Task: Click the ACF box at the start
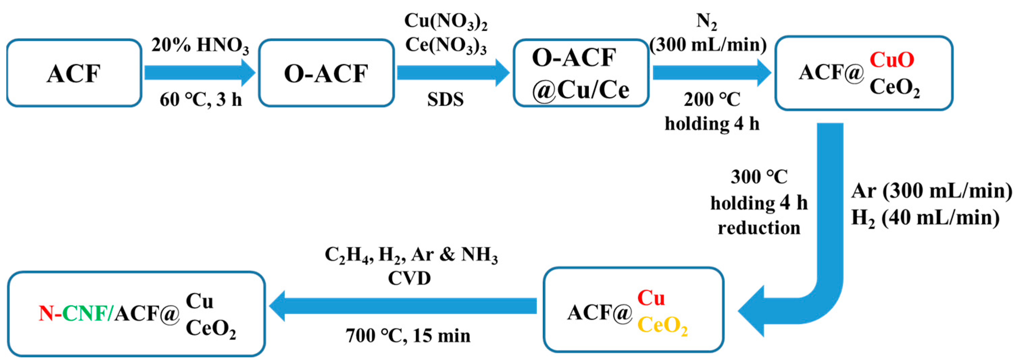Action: (x=74, y=73)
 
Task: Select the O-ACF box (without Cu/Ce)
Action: (x=326, y=73)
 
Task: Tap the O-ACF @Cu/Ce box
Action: (x=580, y=73)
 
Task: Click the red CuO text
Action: (x=892, y=59)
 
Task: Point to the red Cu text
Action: (x=651, y=298)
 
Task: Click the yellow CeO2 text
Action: (x=662, y=325)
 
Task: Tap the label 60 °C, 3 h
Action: (x=201, y=100)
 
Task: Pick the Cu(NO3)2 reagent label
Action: (x=446, y=21)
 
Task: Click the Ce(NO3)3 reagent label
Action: (x=446, y=45)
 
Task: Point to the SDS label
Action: (x=445, y=100)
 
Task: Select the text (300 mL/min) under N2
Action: (x=708, y=45)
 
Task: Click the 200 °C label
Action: (x=712, y=99)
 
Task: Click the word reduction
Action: (x=759, y=228)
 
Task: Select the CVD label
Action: (x=409, y=279)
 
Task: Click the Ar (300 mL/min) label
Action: (x=931, y=191)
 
